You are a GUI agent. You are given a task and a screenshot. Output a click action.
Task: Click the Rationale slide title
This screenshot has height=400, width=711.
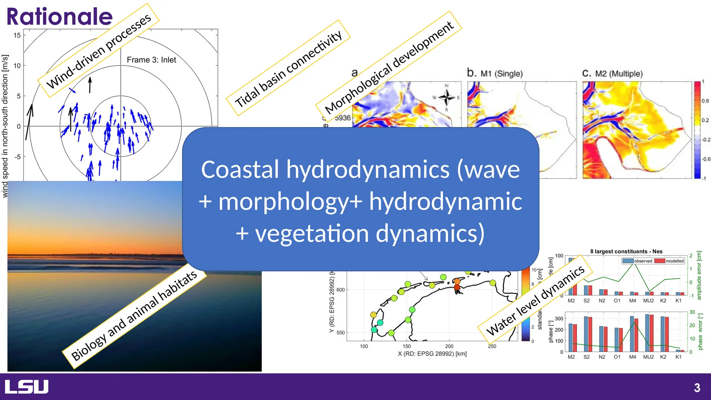click(x=59, y=17)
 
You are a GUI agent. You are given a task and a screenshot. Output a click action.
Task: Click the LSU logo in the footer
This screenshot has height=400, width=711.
click(x=26, y=387)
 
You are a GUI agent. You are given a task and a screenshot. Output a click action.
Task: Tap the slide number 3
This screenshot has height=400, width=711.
click(x=697, y=387)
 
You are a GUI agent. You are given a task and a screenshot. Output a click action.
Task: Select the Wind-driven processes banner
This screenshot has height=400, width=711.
click(x=99, y=51)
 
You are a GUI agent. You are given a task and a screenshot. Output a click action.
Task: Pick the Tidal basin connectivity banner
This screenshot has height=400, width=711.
click(x=288, y=68)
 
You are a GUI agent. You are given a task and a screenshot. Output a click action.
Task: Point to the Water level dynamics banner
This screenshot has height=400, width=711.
click(x=535, y=301)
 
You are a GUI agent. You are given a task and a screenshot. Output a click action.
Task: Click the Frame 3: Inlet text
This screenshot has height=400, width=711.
click(x=151, y=60)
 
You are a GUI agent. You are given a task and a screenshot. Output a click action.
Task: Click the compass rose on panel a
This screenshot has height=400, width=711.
click(x=446, y=98)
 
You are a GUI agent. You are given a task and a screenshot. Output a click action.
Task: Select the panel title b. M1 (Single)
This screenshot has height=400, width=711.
click(x=495, y=73)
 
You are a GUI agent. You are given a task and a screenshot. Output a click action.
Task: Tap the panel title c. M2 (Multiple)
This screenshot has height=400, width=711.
click(x=612, y=73)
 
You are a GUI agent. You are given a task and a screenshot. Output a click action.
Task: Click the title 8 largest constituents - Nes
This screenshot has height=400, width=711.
click(x=626, y=251)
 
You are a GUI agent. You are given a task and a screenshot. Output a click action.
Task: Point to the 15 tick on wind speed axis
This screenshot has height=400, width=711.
click(x=17, y=35)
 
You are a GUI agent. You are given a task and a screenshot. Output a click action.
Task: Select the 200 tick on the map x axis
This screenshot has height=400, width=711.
click(x=449, y=346)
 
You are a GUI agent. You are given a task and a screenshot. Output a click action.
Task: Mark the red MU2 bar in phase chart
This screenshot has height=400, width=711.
click(x=651, y=333)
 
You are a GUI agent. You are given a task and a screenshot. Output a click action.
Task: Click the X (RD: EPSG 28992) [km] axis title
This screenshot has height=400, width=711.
click(x=432, y=354)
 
